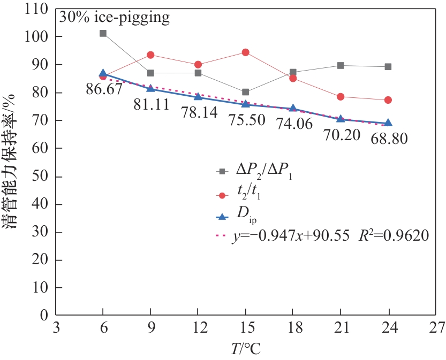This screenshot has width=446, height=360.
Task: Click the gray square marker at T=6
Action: tap(103, 33)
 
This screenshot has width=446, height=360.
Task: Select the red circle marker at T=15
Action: tap(245, 52)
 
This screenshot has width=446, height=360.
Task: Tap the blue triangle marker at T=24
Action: tap(388, 124)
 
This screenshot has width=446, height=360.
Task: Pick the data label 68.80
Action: tap(389, 139)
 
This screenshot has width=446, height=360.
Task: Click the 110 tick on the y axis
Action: tap(38, 9)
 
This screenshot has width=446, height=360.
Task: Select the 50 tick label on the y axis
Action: tap(41, 176)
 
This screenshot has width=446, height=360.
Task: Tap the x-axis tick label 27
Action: tap(436, 328)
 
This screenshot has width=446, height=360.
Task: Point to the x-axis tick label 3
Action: tap(56, 328)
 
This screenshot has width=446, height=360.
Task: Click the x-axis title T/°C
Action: tap(246, 349)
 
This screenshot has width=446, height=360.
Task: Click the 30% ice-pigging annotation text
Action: tap(115, 18)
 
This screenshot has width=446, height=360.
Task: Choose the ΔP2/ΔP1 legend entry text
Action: tap(264, 172)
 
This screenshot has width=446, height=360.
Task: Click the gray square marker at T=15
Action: tap(245, 92)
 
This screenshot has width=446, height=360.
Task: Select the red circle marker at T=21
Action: tap(341, 97)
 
